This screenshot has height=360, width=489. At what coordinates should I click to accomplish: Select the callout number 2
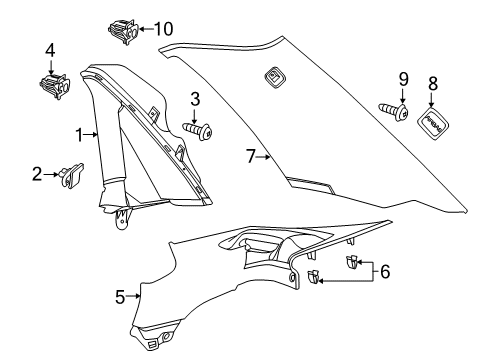point(36,174)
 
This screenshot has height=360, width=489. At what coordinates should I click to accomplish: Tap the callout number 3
point(196,98)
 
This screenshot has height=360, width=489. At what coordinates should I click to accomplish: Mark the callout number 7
point(252,156)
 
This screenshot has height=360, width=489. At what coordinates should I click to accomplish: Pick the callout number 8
point(434,82)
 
